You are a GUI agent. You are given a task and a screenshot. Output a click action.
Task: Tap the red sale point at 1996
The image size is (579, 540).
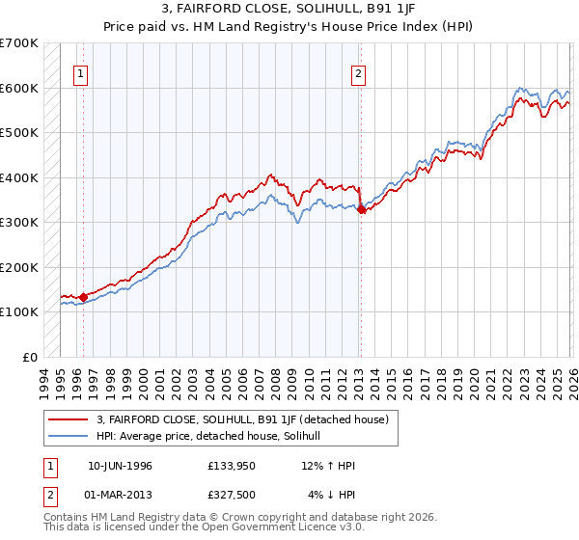84,297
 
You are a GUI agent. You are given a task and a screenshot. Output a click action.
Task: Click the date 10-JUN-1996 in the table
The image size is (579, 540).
120,465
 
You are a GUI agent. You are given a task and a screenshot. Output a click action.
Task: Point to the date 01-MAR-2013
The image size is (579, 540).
120,494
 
